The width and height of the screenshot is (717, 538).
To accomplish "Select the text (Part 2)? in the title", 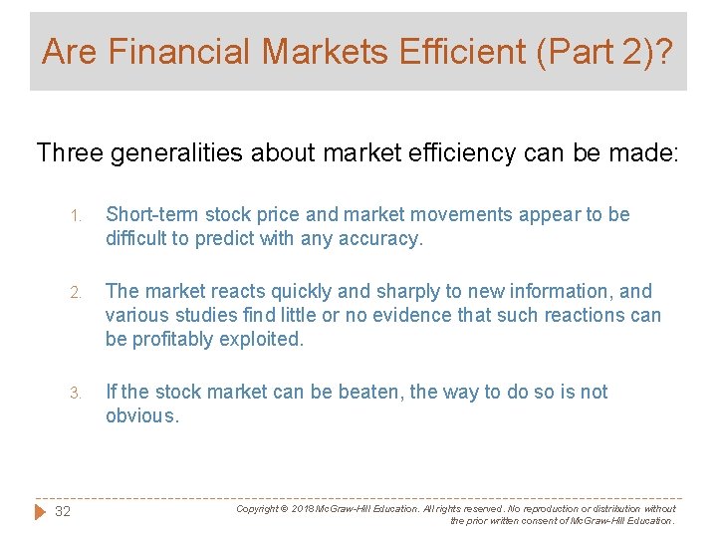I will click(607, 51).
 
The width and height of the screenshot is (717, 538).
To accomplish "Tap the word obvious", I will click(141, 415).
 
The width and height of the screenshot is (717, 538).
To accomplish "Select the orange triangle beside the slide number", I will click(40, 511).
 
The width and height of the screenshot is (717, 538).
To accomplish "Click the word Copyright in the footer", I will click(257, 508).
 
